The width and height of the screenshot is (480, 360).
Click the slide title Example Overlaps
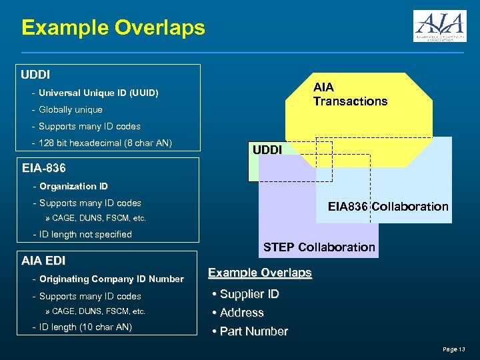pos(113,28)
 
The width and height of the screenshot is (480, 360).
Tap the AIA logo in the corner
pos(439,26)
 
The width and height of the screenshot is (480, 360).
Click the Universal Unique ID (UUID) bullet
pos(98,93)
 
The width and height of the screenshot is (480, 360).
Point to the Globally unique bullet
pos(70,109)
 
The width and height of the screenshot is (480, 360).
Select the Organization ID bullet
pos(73,186)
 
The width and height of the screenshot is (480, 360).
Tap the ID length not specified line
pos(85,234)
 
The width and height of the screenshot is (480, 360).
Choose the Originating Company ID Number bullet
pos(111,279)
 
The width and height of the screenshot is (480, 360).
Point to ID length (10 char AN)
pos(85,327)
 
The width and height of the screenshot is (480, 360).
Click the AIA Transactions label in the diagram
pos(350,94)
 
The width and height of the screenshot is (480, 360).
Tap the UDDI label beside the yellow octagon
pos(267,151)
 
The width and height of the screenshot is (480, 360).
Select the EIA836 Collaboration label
pos(388,207)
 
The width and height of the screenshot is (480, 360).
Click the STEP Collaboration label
pos(319,247)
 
